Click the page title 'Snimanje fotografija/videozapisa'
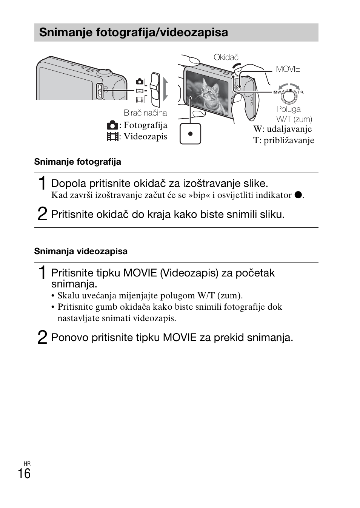[x=134, y=32]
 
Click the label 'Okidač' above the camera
[x=226, y=57]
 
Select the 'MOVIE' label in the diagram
[x=288, y=69]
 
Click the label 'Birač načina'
[x=145, y=113]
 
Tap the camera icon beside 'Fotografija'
[x=112, y=125]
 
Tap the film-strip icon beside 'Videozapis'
[x=112, y=137]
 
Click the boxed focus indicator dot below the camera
[x=191, y=134]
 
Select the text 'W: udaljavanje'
[x=282, y=129]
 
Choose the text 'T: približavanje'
[x=283, y=141]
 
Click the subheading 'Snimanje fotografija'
[x=78, y=162]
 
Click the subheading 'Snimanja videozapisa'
[x=81, y=251]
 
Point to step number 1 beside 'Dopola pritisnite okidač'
[x=43, y=183]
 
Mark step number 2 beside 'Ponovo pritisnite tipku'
[x=43, y=337]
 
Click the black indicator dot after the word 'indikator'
[x=298, y=195]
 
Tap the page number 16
[x=24, y=474]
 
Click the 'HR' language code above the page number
[x=27, y=463]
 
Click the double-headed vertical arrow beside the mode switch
[x=165, y=90]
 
